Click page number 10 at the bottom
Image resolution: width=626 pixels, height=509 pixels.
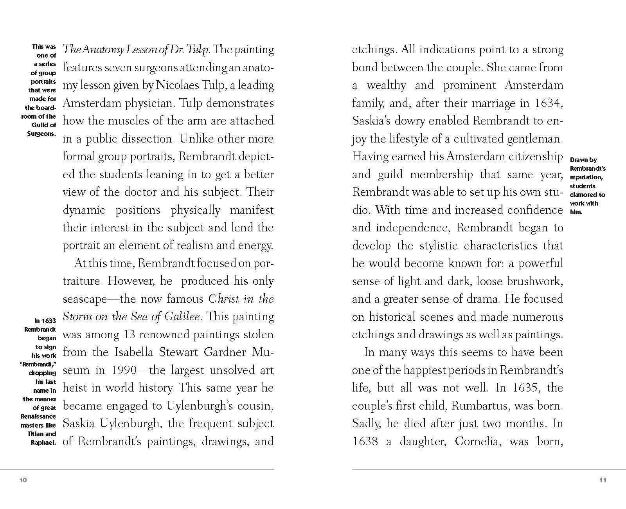[23, 480]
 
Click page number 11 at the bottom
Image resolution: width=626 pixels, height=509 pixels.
[603, 480]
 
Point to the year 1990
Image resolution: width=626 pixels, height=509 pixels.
[124, 370]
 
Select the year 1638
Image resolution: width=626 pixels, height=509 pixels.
[365, 441]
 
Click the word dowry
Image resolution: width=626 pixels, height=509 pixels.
[409, 121]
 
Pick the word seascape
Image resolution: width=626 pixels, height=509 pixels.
[85, 299]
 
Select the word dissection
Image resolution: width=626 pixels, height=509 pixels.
[149, 139]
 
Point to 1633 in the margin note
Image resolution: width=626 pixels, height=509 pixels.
[49, 321]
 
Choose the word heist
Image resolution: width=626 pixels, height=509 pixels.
[75, 388]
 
